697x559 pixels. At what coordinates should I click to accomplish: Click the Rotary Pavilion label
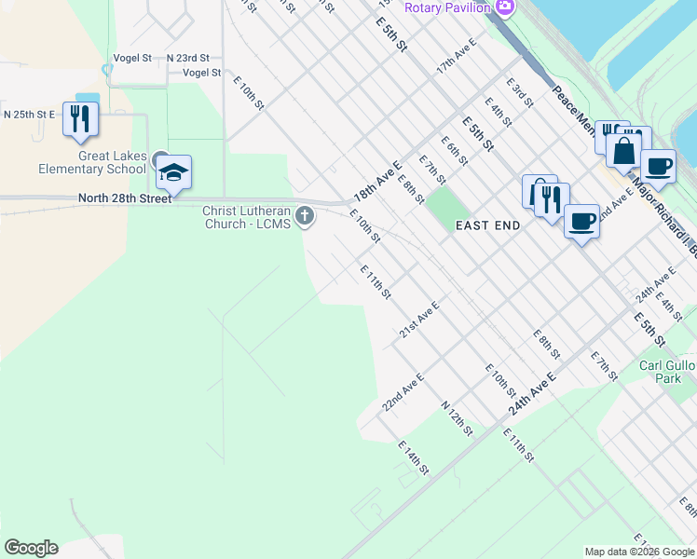point(447,7)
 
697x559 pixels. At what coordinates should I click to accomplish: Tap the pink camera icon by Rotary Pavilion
point(505,7)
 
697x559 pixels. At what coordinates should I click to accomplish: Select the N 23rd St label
point(188,58)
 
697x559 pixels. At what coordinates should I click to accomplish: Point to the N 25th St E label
point(29,114)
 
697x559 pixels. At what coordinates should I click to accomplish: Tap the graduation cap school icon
point(173,172)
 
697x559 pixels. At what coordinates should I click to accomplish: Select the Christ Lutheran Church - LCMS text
point(247,217)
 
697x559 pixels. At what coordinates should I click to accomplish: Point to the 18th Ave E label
point(376,180)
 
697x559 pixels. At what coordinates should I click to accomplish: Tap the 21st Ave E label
point(418,320)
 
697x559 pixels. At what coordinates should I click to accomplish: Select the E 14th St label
point(413,458)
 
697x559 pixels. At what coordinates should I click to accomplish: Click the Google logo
point(31,548)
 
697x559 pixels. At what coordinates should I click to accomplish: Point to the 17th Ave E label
point(457,57)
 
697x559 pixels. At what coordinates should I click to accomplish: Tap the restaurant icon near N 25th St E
point(80,118)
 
